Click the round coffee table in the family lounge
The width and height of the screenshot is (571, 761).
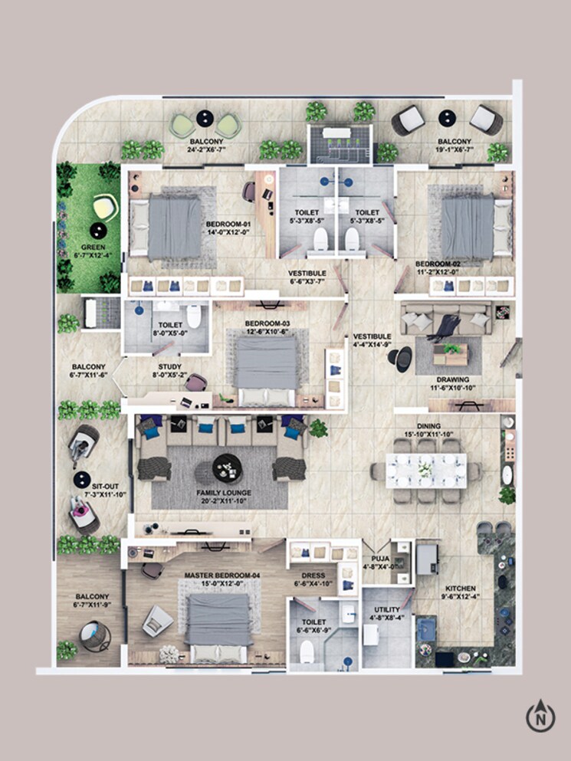(x=227, y=467)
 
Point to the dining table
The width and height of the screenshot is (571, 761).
(x=425, y=470)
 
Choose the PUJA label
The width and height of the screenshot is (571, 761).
(x=381, y=559)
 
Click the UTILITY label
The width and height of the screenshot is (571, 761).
(x=387, y=610)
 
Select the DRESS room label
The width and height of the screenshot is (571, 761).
(x=314, y=576)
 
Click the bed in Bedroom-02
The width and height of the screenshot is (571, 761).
(x=467, y=226)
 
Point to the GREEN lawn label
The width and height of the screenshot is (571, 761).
(x=94, y=248)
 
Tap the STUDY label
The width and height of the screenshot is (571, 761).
(x=169, y=367)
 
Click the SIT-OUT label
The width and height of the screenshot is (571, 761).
(x=107, y=487)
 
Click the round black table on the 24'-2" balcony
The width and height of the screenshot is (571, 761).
(x=205, y=118)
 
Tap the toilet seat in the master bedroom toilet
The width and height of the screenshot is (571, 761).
(x=307, y=651)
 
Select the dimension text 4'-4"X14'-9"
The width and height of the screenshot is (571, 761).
(x=372, y=345)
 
